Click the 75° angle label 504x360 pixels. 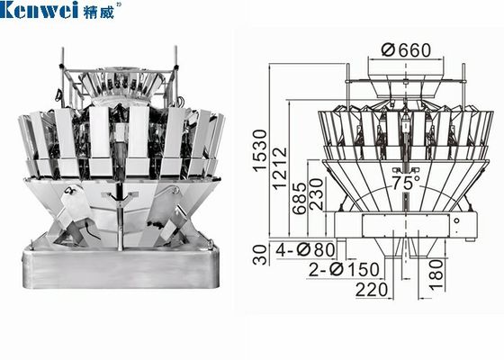[x=405, y=181]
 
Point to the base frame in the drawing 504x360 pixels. [x=404, y=225]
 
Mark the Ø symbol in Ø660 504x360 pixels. [x=385, y=49]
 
